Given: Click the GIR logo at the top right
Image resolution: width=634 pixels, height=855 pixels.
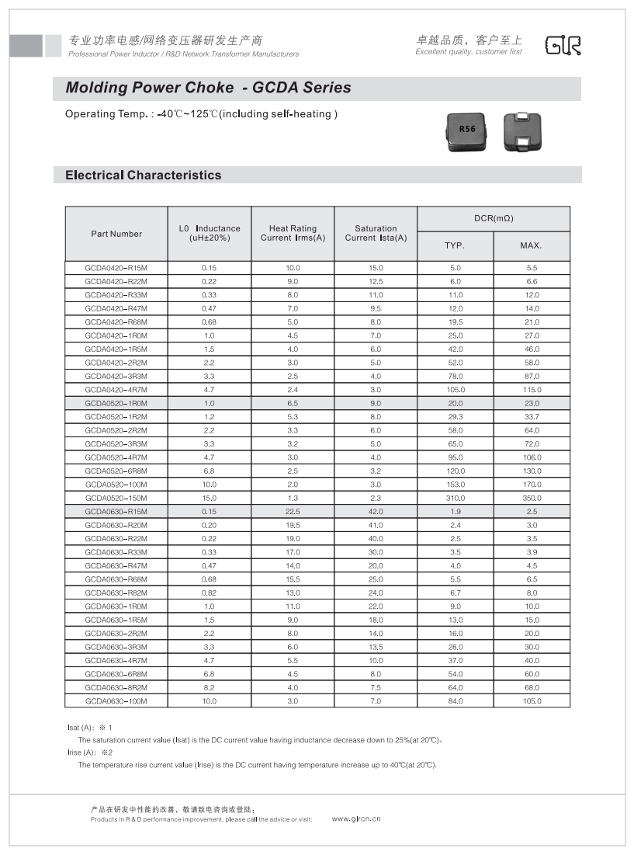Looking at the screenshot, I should point(563,45).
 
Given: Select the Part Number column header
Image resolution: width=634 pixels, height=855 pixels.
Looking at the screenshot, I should point(116,234).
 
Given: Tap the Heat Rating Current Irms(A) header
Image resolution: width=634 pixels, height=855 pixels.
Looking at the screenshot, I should point(293,233).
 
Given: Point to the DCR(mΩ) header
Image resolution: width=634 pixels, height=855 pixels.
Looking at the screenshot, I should point(494,218).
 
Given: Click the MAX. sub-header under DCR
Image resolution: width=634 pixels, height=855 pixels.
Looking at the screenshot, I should point(531,246).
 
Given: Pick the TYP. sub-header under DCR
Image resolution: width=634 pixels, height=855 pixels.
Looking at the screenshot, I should point(455,246).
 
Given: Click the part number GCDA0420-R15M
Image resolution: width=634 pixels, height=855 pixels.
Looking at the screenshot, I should point(116,268).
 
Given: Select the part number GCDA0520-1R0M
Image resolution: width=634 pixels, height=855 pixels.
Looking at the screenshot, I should point(116,403).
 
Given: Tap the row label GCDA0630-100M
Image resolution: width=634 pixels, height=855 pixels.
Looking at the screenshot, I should point(116,701).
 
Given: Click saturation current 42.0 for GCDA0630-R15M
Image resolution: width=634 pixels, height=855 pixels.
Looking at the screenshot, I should point(376,512).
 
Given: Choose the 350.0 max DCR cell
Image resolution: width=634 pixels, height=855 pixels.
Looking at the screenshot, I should point(531,498).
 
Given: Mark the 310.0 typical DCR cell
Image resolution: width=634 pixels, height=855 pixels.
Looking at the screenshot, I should point(455,498).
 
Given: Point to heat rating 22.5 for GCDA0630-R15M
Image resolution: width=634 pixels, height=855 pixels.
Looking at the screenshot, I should point(293,512).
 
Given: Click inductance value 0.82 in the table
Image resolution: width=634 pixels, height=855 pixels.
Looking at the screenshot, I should point(209,593).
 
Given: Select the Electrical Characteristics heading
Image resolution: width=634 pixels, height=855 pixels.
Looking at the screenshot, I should point(143,176).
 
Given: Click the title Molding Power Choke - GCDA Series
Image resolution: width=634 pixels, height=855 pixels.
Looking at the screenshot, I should point(208,88).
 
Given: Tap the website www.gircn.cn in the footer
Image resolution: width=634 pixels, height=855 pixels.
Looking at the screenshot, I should point(356,819).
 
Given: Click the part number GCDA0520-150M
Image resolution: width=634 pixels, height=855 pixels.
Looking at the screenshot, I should point(116,498).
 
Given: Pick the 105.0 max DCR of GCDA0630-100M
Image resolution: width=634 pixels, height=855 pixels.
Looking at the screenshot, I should point(531,701).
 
